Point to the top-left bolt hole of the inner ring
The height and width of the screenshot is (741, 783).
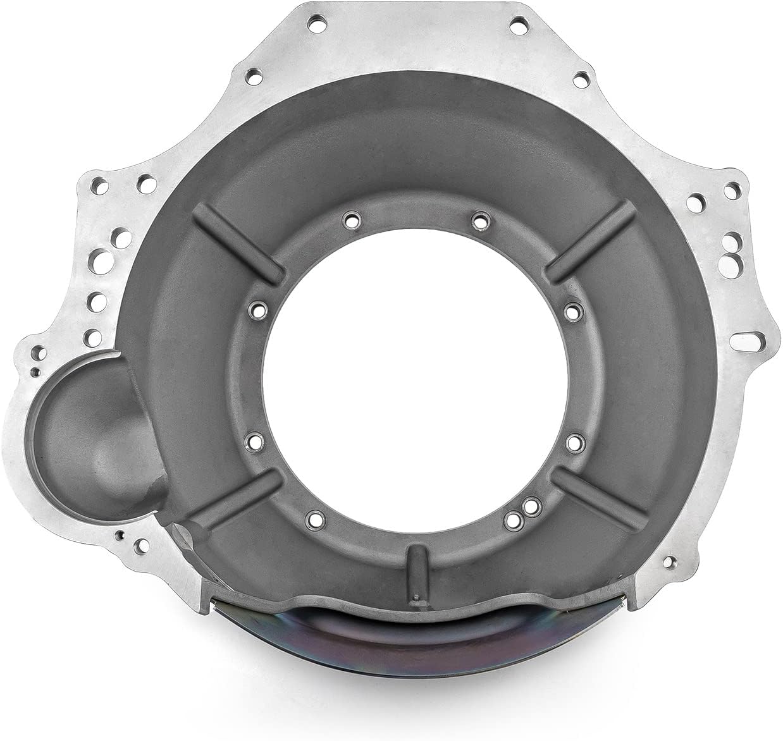click(x=350, y=221)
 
